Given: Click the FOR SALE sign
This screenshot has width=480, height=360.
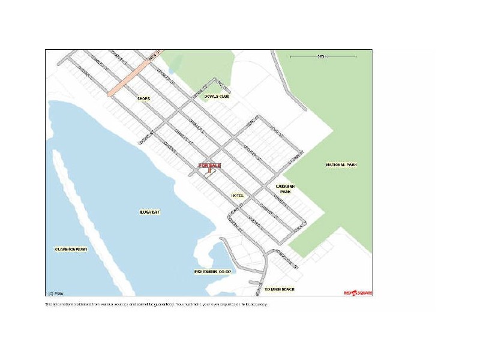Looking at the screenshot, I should tap(209, 164).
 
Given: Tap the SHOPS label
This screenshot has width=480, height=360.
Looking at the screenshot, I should tap(143, 98).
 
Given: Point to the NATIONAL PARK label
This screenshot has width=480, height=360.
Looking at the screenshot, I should tap(341, 164).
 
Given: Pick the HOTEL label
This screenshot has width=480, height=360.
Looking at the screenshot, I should tap(238, 196).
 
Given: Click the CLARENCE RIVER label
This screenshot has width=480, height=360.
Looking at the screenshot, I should tap(70, 248).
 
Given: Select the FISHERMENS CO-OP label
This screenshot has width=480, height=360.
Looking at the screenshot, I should tap(212, 271).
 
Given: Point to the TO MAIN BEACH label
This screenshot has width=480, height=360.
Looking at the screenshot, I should tap(280, 289).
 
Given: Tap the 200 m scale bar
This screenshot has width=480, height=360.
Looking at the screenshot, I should tap(323, 57).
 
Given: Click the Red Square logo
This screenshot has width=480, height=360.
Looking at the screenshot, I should tap(358, 293).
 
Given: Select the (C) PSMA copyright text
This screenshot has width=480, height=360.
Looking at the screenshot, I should tap(56, 293).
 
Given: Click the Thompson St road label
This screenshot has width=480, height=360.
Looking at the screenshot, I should tap(286, 257).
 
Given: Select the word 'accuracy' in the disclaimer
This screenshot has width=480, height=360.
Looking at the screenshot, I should tap(259, 304).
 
